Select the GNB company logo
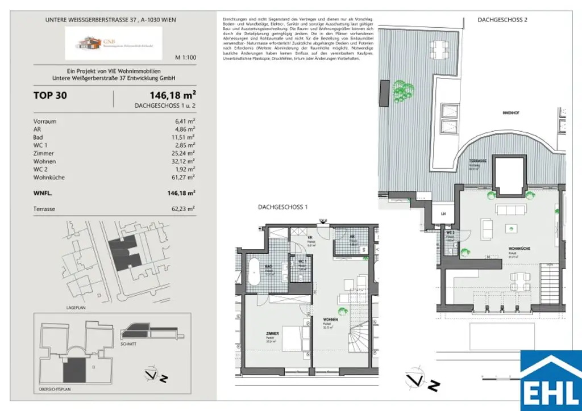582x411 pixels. [x=113, y=43]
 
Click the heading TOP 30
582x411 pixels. [x=50, y=95]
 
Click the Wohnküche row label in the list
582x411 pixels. [x=49, y=178]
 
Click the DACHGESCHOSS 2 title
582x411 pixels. [x=502, y=20]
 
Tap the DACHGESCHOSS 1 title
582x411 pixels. [x=282, y=208]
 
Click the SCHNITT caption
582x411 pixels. [x=128, y=344]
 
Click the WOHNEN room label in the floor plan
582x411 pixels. [x=331, y=320]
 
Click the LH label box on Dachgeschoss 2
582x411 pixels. [x=443, y=213]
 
